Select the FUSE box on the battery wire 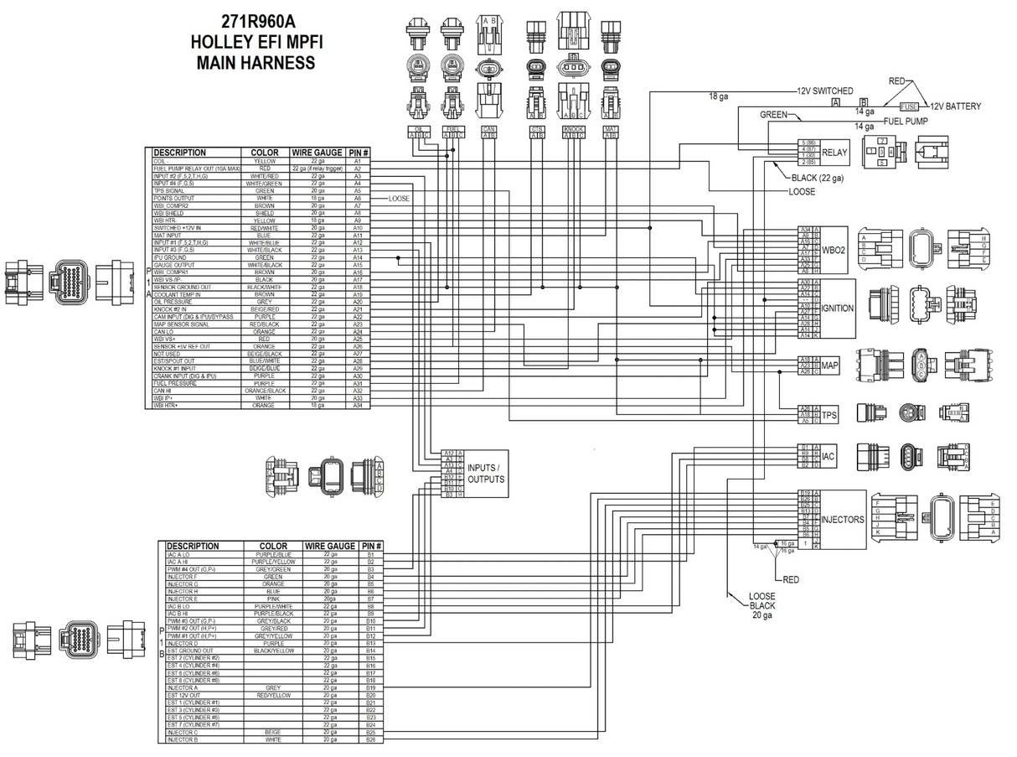(x=909, y=107)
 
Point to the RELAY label (x=834, y=153)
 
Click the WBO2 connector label (x=834, y=249)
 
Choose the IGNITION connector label (x=837, y=309)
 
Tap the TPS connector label (x=829, y=414)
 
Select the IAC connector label (x=829, y=456)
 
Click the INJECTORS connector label (x=842, y=520)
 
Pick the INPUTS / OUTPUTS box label (x=486, y=474)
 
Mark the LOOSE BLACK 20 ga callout (x=762, y=605)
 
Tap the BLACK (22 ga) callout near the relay (x=818, y=178)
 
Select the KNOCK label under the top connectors (x=573, y=129)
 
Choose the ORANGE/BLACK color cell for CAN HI (x=264, y=391)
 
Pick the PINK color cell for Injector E (x=272, y=599)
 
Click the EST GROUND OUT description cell (x=190, y=651)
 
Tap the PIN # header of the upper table (x=359, y=153)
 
